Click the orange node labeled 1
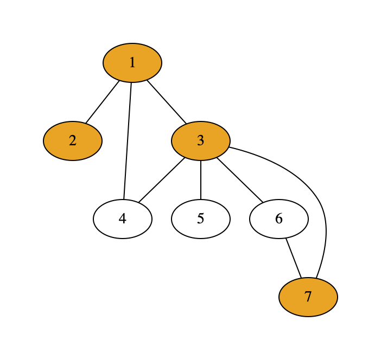pos(132,63)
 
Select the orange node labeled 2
pos(73,141)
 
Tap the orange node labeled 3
pos(201,141)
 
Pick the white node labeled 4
pos(123,219)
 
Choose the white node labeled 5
pos(201,219)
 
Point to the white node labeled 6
pos(279,219)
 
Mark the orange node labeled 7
pos(308,297)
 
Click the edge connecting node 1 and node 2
pos(102,102)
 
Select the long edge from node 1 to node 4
pos(128,141)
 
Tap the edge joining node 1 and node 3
pos(167,102)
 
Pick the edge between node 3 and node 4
pos(162,180)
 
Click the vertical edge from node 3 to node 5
pos(201,180)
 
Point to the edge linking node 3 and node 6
pos(240,180)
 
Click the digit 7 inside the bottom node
pos(308,297)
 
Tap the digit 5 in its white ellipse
pos(201,219)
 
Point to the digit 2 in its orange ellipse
pos(73,141)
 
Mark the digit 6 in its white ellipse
pos(279,219)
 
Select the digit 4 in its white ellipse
pos(123,219)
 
